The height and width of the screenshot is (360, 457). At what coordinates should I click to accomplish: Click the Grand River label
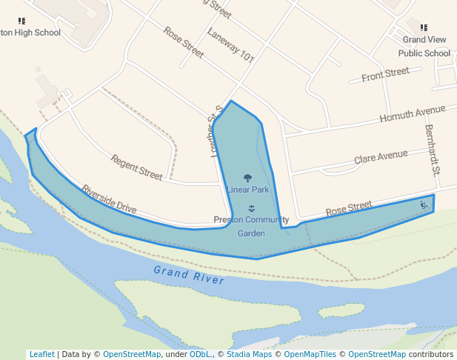point(188,275)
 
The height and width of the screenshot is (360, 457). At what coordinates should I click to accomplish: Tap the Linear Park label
point(248,190)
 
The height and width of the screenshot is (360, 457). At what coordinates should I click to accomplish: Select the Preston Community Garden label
point(251,226)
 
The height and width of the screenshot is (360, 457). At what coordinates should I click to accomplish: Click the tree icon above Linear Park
point(247,178)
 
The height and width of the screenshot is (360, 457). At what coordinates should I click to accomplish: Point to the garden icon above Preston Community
point(252,208)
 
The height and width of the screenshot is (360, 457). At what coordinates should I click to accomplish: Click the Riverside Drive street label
point(110,199)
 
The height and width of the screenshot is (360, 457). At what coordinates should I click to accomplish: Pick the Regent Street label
point(136,167)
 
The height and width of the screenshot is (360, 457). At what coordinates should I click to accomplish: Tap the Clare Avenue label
point(381,156)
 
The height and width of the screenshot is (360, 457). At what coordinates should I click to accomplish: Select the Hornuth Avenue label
point(413,114)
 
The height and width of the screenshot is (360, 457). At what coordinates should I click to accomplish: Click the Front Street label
point(385,74)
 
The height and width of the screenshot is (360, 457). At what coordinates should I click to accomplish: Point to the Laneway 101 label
point(230,45)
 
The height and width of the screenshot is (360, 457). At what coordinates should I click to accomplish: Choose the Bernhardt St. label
point(432,149)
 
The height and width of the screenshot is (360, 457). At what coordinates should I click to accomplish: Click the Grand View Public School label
point(424,46)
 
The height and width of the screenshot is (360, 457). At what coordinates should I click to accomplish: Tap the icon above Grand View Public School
point(424,27)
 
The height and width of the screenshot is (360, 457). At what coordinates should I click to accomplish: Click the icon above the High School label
point(21,21)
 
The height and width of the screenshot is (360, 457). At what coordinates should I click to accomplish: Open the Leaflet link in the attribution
point(41,354)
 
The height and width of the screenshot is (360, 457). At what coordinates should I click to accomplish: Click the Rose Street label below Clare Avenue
point(349,209)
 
